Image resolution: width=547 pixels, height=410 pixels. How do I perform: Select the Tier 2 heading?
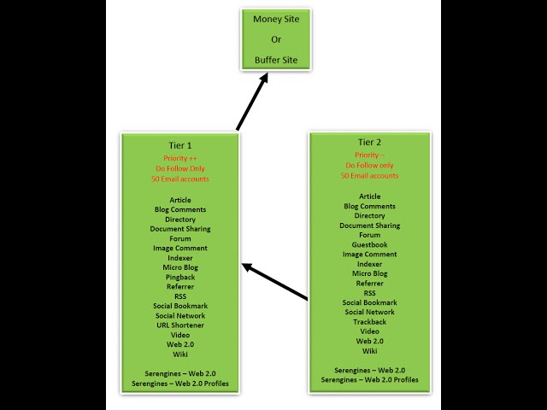pos(370,142)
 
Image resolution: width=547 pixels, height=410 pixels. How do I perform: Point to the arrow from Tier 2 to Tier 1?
pos(275,282)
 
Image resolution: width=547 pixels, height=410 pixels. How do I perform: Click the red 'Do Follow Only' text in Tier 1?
pos(179,168)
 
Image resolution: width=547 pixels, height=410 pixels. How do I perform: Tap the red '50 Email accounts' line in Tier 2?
pos(370,175)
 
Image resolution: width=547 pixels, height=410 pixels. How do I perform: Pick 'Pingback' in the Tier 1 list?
pos(179,277)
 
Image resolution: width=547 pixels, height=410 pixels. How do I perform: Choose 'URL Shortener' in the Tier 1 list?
pos(179,325)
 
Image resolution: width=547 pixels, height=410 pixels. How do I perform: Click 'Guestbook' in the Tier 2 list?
pos(370,244)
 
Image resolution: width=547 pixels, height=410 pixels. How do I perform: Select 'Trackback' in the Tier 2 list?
pos(370,322)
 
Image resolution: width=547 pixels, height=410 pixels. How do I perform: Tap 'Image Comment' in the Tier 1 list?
pos(179,248)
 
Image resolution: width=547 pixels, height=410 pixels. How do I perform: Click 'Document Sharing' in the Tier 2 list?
pos(370,225)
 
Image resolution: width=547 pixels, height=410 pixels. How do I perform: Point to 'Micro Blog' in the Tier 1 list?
pos(179,267)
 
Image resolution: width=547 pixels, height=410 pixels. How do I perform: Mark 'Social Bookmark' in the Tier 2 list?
pos(370,302)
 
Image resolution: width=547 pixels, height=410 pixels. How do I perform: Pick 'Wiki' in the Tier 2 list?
pos(370,351)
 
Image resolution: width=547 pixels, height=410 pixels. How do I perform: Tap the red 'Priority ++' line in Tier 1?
pos(179,159)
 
